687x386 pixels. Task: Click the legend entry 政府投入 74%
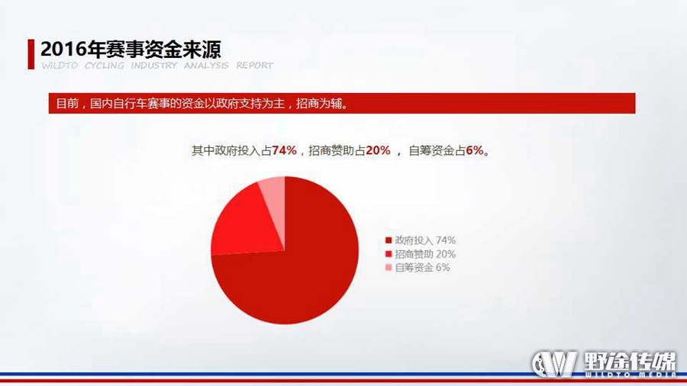pos(420,240)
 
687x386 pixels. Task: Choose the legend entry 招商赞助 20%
pos(420,254)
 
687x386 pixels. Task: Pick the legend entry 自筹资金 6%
pos(418,268)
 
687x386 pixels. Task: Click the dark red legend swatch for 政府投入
pos(389,240)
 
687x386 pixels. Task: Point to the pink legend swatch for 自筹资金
pos(389,268)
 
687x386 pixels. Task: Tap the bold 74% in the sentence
pos(284,150)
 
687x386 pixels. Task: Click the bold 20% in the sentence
pos(378,150)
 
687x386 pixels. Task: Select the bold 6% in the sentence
pos(475,150)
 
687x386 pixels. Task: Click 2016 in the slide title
pos(63,49)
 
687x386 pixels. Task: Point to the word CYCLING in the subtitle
pos(105,66)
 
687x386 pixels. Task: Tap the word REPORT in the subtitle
pos(254,66)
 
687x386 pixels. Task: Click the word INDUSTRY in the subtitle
pos(153,66)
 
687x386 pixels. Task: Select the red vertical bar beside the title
pos(31,54)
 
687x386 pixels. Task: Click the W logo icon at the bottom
pos(555,363)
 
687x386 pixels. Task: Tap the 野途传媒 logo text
pos(630,361)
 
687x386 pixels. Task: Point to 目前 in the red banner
pos(67,104)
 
